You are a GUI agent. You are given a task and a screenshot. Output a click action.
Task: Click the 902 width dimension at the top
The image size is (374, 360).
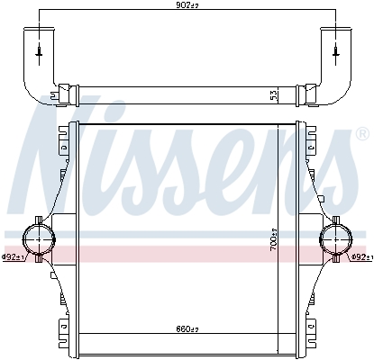tap(187, 5)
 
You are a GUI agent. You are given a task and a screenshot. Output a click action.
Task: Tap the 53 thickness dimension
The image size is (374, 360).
tap(274, 95)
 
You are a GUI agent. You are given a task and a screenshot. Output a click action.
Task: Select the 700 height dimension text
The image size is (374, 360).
tap(274, 239)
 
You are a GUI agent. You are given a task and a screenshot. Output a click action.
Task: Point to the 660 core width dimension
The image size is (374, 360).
tap(187, 329)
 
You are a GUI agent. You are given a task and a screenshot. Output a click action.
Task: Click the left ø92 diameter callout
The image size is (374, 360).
tap(13, 257)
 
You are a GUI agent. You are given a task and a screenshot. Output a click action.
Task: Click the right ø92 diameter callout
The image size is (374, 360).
tap(362, 256)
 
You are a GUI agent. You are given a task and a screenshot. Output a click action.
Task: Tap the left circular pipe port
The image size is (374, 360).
tap(39, 239)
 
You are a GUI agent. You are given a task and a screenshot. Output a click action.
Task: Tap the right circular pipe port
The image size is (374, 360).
tap(335, 239)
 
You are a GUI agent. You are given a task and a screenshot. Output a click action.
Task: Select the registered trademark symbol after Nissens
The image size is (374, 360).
tap(362, 134)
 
